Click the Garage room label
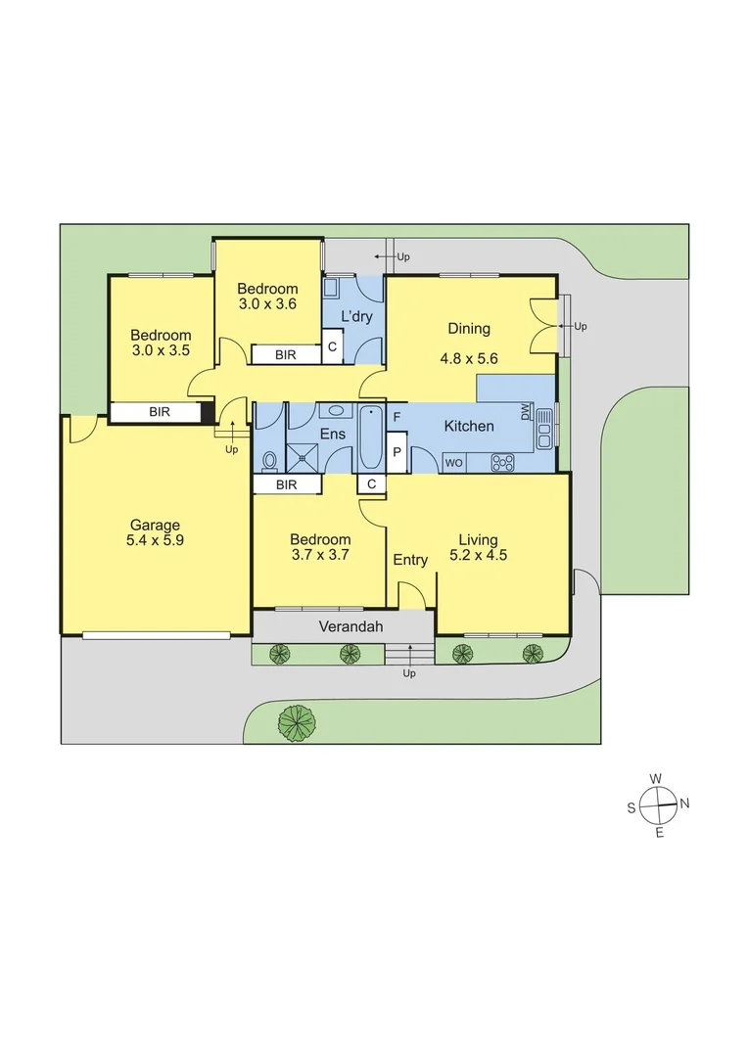tap(155, 526)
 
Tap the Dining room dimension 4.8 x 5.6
tap(469, 358)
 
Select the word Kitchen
tap(469, 426)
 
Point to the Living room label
tap(478, 539)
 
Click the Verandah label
tap(351, 627)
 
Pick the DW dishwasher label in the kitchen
tap(526, 413)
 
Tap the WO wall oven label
tap(454, 462)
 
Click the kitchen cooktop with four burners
tap(502, 462)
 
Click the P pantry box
tap(397, 452)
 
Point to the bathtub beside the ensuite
tap(370, 439)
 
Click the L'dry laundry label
tap(356, 316)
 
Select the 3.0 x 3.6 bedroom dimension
tap(267, 304)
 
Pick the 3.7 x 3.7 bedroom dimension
tap(320, 554)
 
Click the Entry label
tap(410, 560)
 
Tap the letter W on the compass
tap(656, 778)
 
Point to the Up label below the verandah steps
tap(409, 673)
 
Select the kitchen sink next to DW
tap(545, 428)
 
